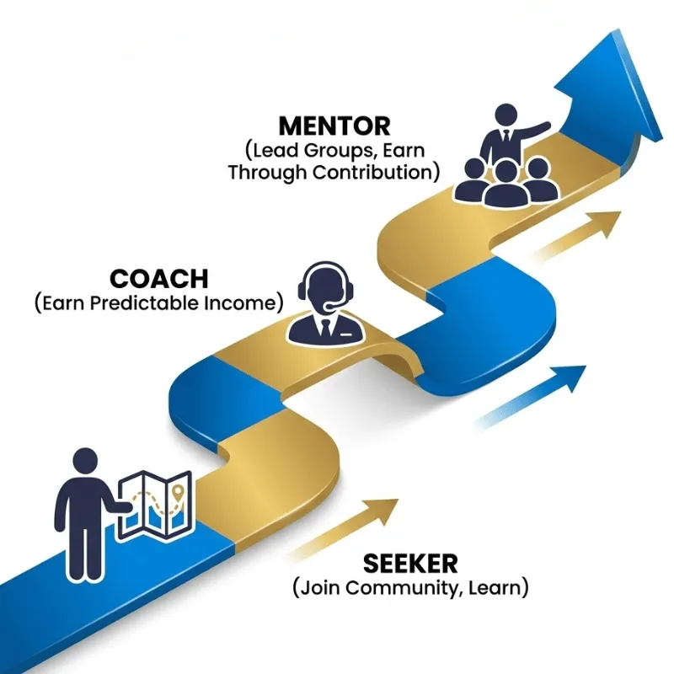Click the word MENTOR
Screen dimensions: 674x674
334,126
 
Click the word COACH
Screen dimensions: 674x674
158,279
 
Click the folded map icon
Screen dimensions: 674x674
156,504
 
